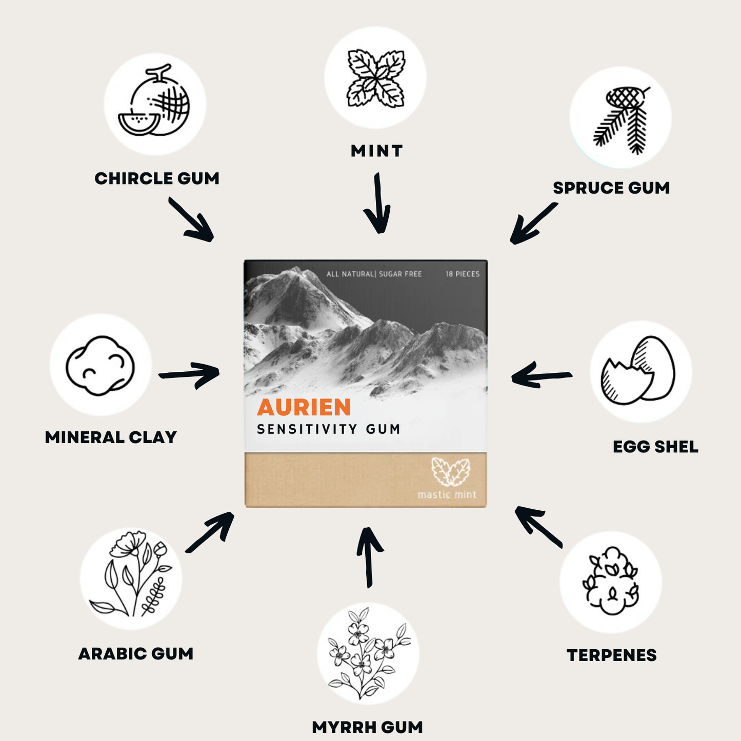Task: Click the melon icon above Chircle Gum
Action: pyautogui.click(x=154, y=103)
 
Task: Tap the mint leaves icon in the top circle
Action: pyautogui.click(x=376, y=78)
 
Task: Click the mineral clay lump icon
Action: pyautogui.click(x=101, y=365)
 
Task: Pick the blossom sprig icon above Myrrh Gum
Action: pyautogui.click(x=368, y=652)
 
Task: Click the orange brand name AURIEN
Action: pyautogui.click(x=304, y=407)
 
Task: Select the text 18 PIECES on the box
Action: pyautogui.click(x=462, y=274)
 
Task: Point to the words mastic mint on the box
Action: pyautogui.click(x=447, y=495)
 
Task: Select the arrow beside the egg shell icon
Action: pyautogui.click(x=542, y=376)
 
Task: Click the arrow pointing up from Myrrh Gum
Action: pyautogui.click(x=369, y=557)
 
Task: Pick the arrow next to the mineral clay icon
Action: pyautogui.click(x=189, y=374)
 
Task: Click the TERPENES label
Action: pyautogui.click(x=611, y=655)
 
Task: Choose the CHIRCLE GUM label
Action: pyautogui.click(x=157, y=178)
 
